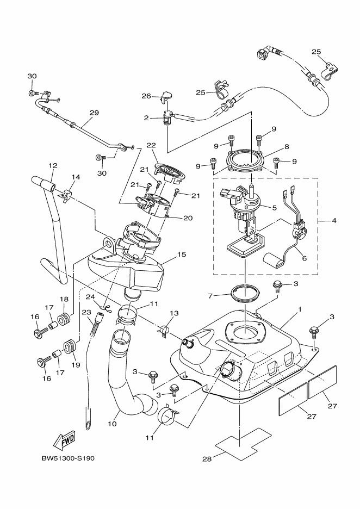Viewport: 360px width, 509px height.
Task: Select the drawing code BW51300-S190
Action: pos(68,458)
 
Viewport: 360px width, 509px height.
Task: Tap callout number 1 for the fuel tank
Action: pos(299,308)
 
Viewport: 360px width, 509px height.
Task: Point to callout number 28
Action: pos(207,458)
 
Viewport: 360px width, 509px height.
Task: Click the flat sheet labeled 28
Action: pos(243,442)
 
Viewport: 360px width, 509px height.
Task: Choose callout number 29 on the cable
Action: pos(94,113)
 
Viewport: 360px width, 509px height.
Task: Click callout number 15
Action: pos(181,254)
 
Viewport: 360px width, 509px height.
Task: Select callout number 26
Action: pos(146,96)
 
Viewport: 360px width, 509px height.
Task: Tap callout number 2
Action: pos(146,117)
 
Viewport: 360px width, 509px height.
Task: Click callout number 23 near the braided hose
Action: pos(86,312)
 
